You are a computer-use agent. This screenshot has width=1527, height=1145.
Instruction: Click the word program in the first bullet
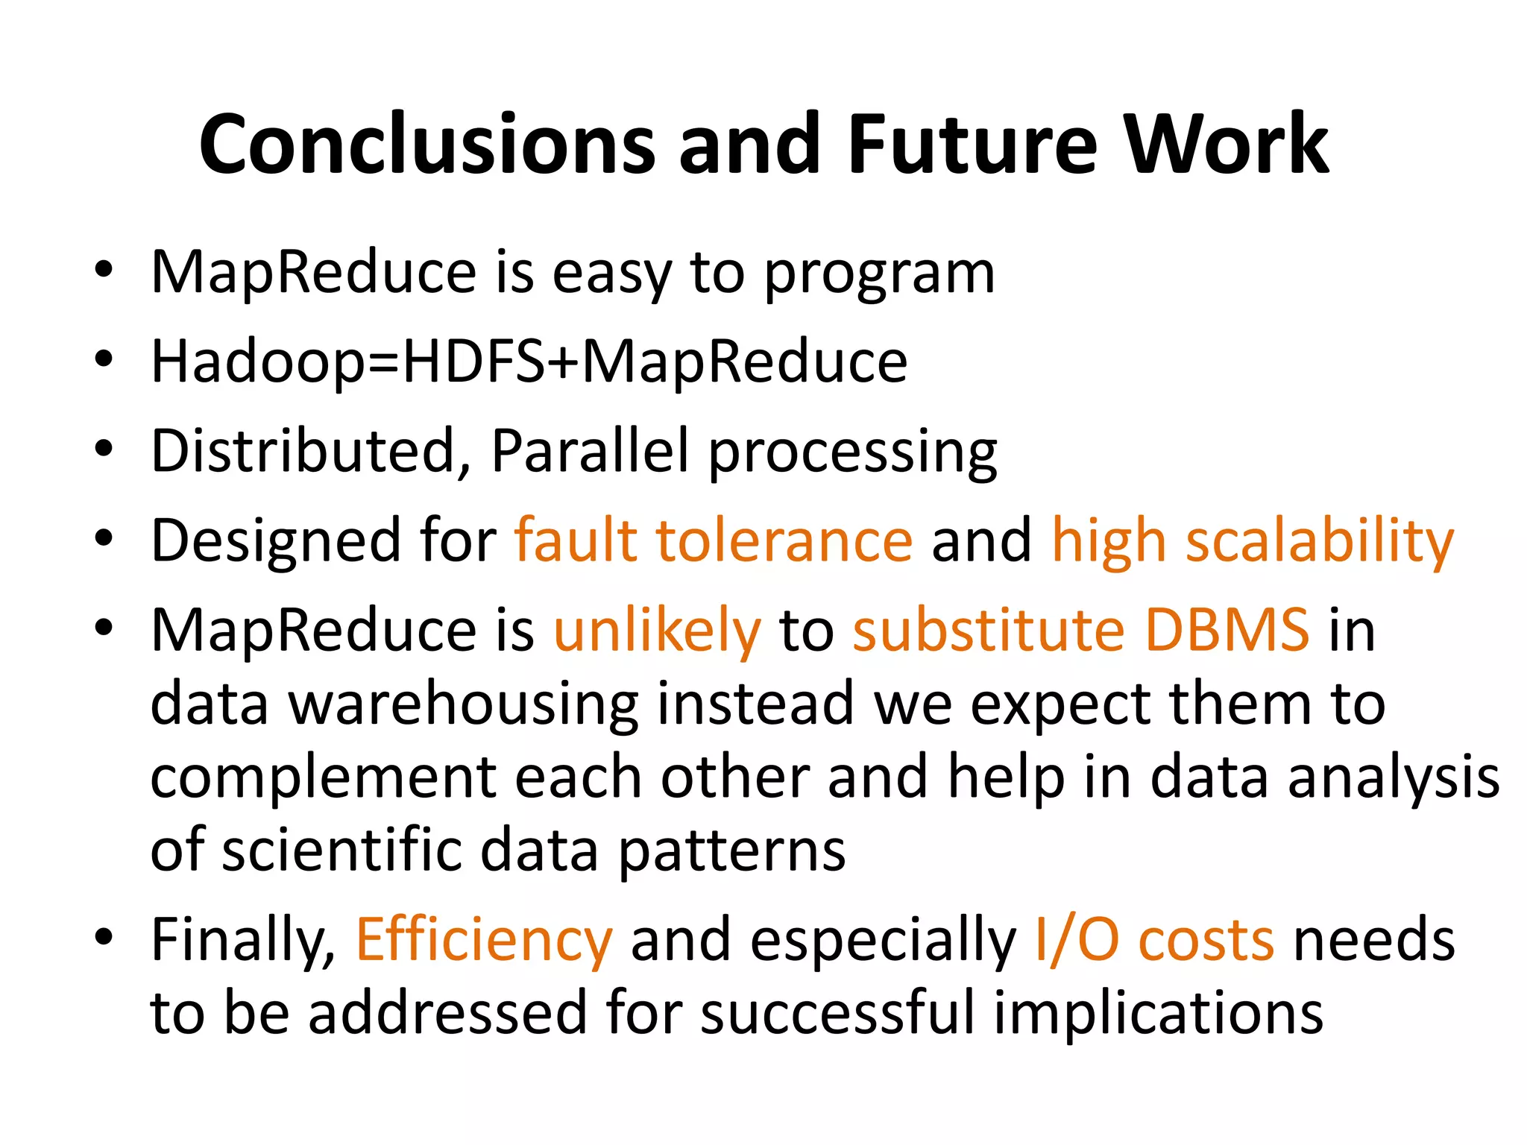880,274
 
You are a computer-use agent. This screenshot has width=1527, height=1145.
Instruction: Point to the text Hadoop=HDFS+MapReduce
529,362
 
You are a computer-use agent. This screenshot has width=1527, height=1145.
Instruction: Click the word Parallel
590,450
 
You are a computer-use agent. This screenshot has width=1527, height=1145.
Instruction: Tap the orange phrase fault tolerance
713,540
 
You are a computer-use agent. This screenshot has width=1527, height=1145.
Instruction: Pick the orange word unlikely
657,631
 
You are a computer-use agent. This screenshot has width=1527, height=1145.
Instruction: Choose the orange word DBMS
1227,630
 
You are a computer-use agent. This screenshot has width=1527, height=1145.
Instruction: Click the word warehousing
463,704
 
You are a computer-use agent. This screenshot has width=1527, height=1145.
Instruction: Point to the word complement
322,778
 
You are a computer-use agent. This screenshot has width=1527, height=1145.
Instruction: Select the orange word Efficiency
484,940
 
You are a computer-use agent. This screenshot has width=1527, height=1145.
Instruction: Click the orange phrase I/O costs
1154,940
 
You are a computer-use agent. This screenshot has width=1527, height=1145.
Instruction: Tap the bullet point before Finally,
104,937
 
